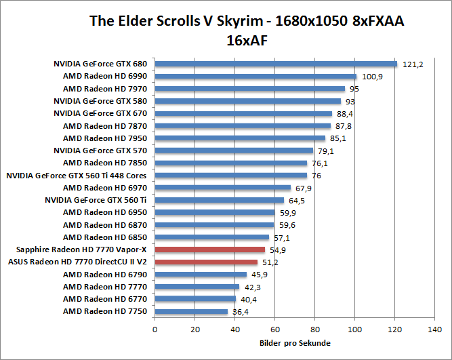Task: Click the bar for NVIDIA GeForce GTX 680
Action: tap(276, 64)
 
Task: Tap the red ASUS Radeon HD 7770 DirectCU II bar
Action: tap(207, 262)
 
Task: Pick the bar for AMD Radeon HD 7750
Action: tap(192, 311)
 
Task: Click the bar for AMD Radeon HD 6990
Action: tap(255, 77)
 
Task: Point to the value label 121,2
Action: tap(412, 64)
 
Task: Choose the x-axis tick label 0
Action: tap(155, 329)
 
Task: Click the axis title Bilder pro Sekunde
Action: tap(295, 343)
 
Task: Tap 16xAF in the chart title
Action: tap(247, 39)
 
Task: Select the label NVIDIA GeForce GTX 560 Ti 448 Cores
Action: tap(77, 176)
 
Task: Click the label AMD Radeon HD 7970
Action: tap(105, 89)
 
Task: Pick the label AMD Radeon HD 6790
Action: tap(105, 275)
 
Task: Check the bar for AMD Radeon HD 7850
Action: tap(231, 163)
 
